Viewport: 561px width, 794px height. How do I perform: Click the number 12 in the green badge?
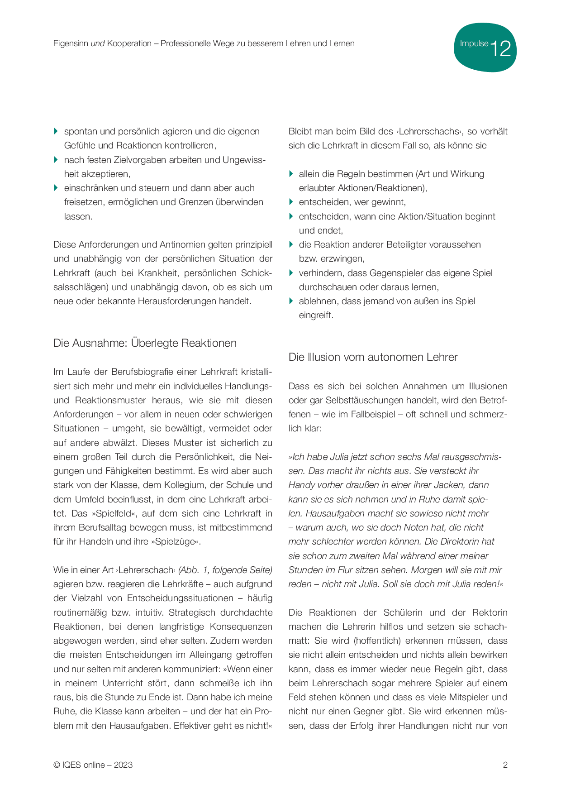tap(500, 48)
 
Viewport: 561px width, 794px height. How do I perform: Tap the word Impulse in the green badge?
tap(474, 43)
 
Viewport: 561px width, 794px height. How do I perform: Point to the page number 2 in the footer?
tap(505, 765)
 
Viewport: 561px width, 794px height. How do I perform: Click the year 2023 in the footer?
tap(123, 765)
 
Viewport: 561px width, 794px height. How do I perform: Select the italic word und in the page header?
tap(98, 43)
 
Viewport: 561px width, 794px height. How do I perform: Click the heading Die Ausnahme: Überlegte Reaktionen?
tap(145, 343)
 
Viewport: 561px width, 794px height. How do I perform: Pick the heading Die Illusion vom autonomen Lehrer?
tap(373, 357)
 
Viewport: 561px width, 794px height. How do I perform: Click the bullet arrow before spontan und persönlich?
tap(56, 131)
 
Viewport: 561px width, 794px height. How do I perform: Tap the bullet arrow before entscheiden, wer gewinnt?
tap(291, 202)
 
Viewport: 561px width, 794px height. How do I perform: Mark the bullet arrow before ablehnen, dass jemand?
tap(291, 301)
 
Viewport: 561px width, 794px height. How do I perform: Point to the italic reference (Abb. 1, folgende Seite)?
tap(225, 570)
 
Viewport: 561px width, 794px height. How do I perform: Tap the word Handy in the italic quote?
tap(302, 485)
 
